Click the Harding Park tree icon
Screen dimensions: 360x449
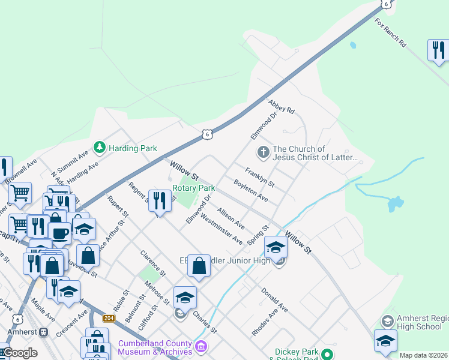pos(99,148)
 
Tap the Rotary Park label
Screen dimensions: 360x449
pos(193,188)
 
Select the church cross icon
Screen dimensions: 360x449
pos(263,152)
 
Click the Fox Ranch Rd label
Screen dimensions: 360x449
pos(391,33)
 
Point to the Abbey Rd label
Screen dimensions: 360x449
pos(282,107)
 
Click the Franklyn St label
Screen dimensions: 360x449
pos(259,176)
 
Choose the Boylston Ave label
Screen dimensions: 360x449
pos(250,190)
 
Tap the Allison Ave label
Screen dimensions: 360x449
pos(231,218)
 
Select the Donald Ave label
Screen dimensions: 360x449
pos(274,299)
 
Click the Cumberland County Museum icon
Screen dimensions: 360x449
pos(201,347)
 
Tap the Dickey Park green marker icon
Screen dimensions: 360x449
pos(327,354)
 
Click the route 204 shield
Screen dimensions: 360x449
pos(109,318)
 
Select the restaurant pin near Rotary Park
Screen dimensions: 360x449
pos(159,202)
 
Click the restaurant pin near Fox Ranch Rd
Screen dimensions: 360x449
pos(438,51)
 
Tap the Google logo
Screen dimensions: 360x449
pos(19,353)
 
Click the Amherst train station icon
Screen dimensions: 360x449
pos(43,332)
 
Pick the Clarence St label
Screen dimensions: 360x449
pos(152,264)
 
